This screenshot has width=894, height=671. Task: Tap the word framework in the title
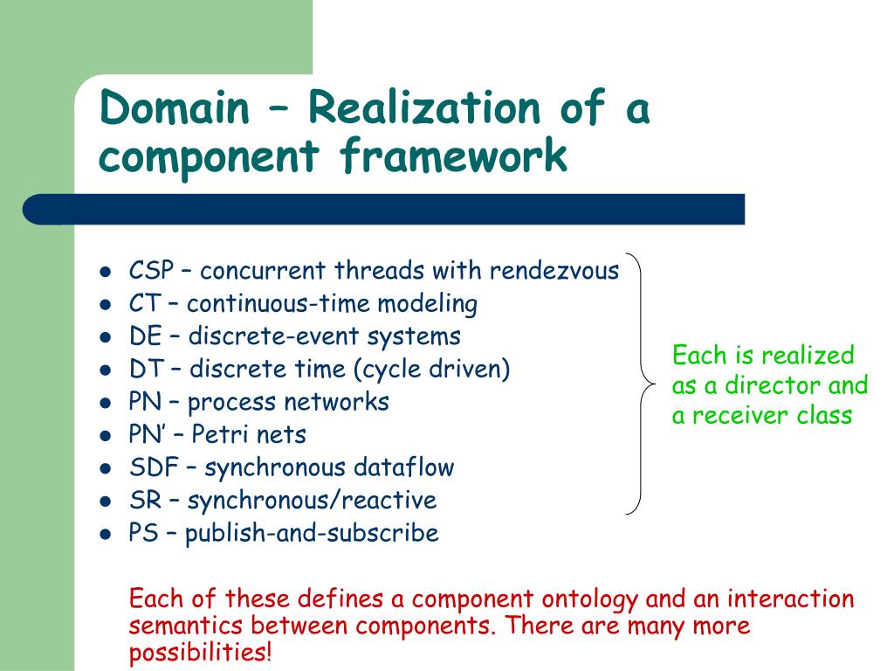click(x=453, y=158)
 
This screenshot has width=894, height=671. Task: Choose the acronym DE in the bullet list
click(x=145, y=336)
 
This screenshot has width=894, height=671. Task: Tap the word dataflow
click(x=403, y=467)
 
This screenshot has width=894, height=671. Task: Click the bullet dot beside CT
click(x=105, y=305)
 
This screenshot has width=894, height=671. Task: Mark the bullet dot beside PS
click(x=105, y=534)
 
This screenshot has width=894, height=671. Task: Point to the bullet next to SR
click(x=105, y=502)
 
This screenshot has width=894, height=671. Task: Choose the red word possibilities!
click(x=200, y=652)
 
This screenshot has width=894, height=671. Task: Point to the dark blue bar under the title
click(x=384, y=210)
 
